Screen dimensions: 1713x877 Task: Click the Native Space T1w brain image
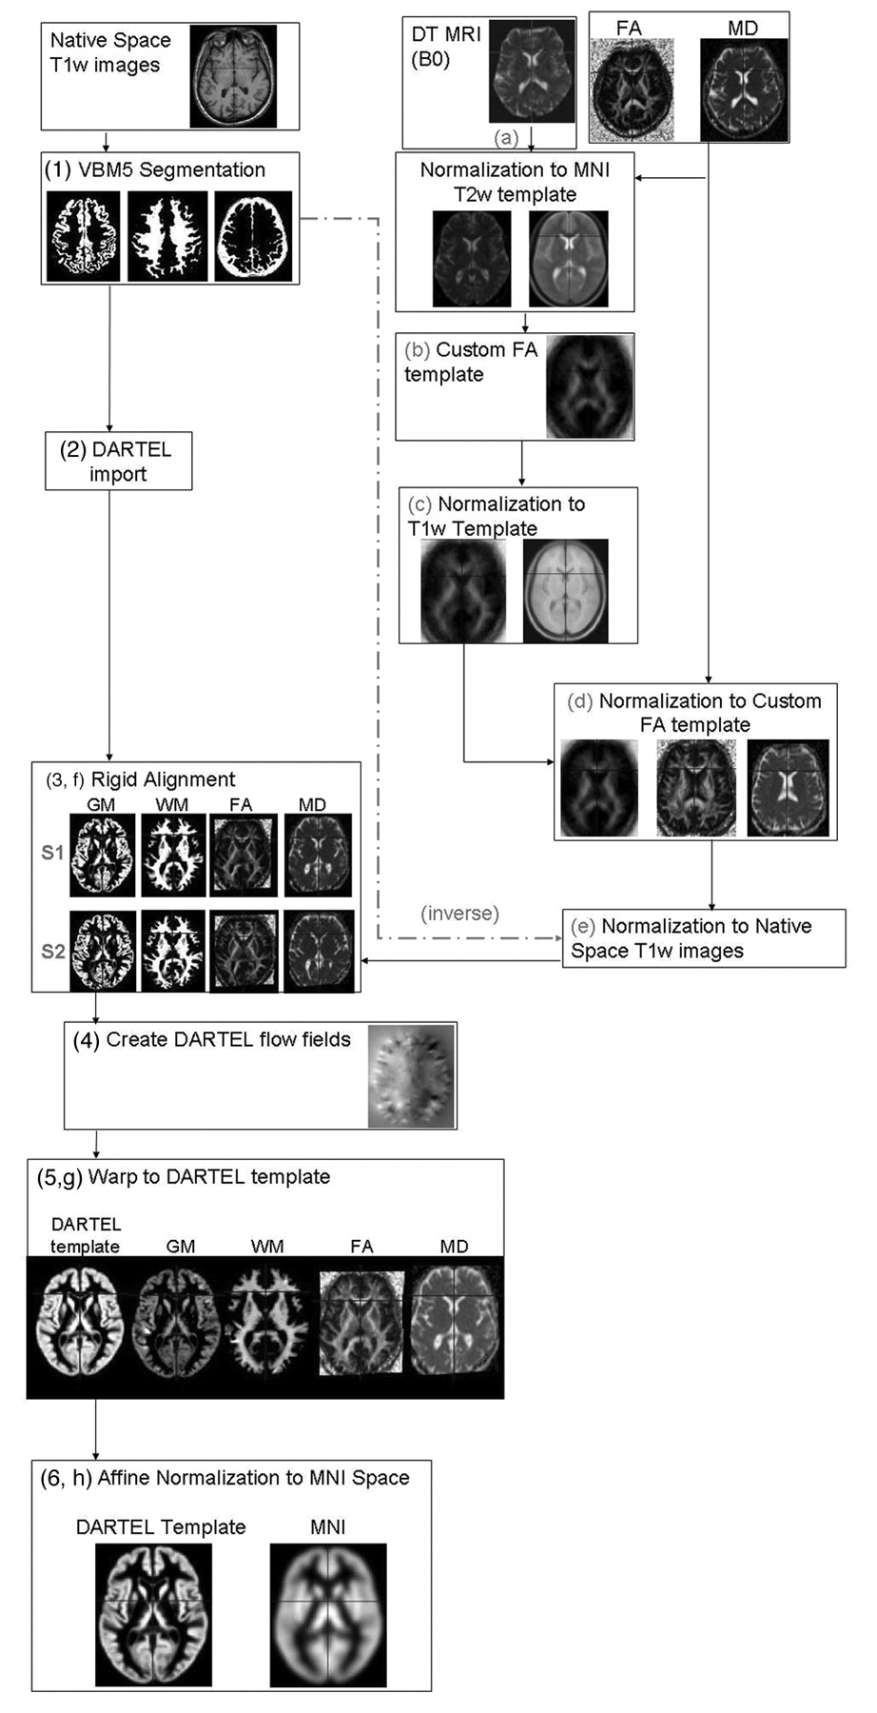point(233,76)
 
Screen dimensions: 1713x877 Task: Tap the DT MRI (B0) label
point(445,46)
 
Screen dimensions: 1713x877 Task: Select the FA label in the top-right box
point(629,29)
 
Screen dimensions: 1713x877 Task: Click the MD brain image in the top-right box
point(744,89)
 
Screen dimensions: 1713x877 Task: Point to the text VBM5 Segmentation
point(171,170)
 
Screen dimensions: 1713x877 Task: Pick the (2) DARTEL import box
point(118,462)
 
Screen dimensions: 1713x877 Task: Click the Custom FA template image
point(590,385)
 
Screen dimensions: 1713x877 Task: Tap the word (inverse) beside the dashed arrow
point(459,914)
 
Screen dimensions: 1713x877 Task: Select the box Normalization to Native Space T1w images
point(703,938)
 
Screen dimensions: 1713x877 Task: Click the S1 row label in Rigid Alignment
point(53,853)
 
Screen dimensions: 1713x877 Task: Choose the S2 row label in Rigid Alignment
point(53,951)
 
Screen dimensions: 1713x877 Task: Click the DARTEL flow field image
point(411,1076)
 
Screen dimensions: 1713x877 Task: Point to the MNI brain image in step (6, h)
point(328,1614)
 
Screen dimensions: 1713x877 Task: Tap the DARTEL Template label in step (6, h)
point(161,1526)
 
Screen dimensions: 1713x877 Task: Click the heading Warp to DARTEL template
point(208,1177)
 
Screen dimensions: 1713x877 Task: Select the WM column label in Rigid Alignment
point(171,805)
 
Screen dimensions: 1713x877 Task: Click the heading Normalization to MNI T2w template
point(515,182)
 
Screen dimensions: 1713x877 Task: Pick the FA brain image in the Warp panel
point(361,1323)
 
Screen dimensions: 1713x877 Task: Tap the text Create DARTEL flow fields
point(228,1040)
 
